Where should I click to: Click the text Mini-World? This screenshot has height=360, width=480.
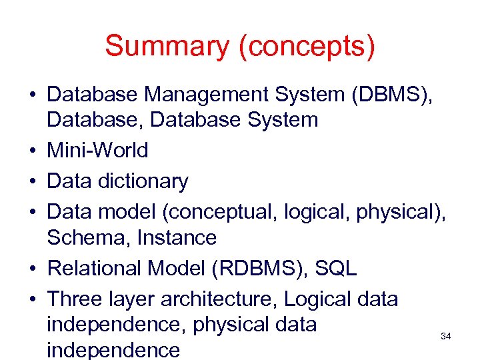(97, 150)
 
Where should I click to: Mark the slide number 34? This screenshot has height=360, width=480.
(446, 337)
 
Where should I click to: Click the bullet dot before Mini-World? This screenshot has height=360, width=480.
(32, 151)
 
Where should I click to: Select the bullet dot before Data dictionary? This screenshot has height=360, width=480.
(32, 181)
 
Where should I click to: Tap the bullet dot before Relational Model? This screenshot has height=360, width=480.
(32, 269)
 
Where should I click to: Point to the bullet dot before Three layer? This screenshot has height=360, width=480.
(32, 299)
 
